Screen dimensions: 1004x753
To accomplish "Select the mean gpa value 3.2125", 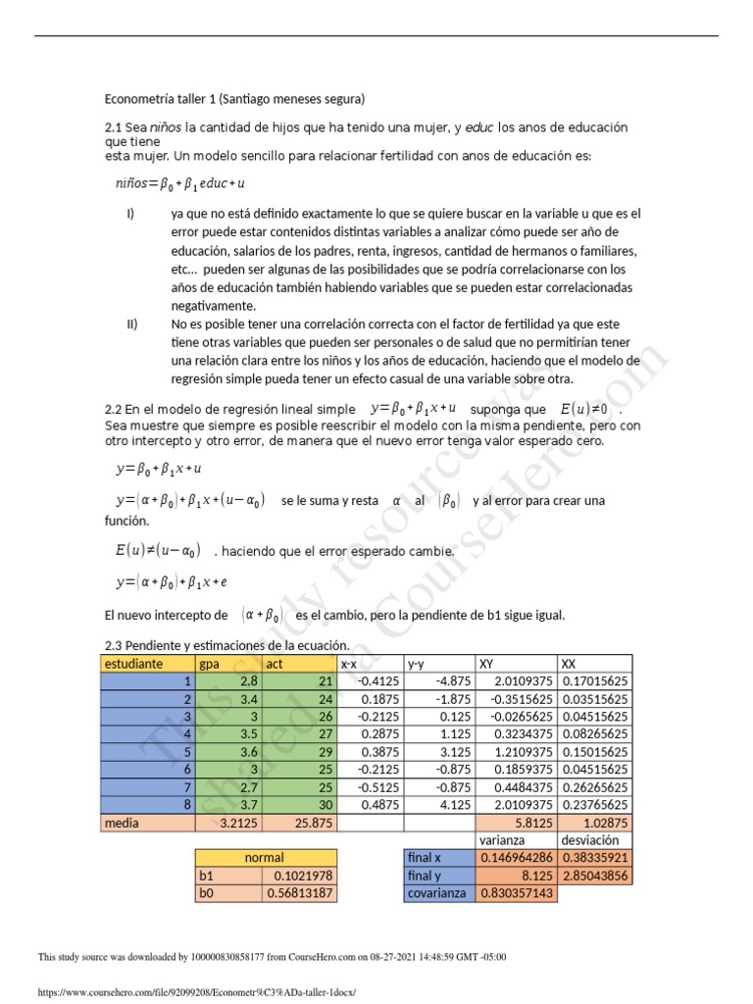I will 239,824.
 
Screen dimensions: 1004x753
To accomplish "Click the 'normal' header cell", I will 265,858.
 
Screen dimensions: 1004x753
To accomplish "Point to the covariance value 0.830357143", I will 516,893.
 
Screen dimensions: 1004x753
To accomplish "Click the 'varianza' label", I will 501,840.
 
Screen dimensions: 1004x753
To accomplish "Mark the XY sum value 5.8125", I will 534,824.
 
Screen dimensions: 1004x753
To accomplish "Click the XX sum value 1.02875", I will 607,824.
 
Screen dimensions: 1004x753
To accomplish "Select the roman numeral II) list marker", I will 130,324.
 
